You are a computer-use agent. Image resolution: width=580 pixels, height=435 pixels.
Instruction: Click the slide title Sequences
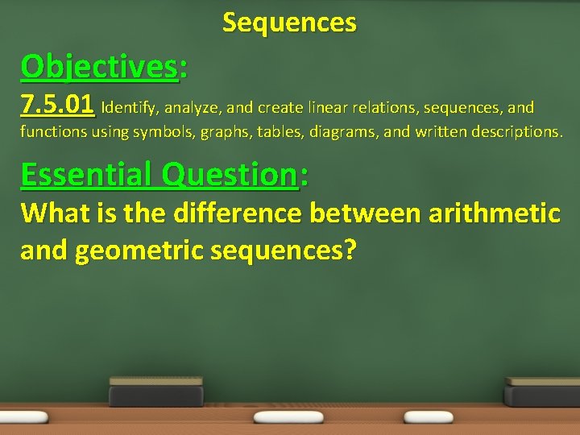(289, 23)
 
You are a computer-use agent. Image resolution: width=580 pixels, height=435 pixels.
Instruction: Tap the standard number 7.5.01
(58, 106)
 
